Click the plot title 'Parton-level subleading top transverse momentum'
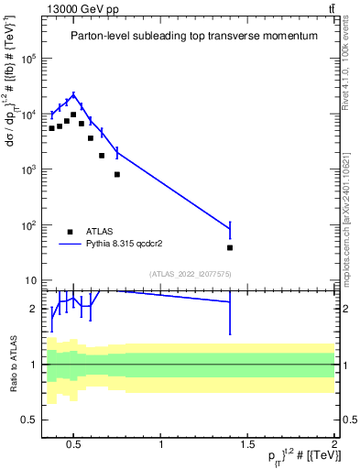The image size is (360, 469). click(x=189, y=36)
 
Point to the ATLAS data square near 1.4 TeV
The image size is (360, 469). click(x=230, y=247)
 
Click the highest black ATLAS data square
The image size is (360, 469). click(x=73, y=115)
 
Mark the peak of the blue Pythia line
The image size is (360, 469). click(x=73, y=95)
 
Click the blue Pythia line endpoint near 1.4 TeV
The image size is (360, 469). click(x=230, y=228)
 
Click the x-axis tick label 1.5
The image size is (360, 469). click(x=247, y=446)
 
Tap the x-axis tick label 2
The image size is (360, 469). click(x=333, y=446)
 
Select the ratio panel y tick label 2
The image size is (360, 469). click(x=34, y=309)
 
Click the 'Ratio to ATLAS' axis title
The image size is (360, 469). click(x=13, y=364)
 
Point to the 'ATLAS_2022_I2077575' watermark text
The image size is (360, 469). click(x=195, y=273)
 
